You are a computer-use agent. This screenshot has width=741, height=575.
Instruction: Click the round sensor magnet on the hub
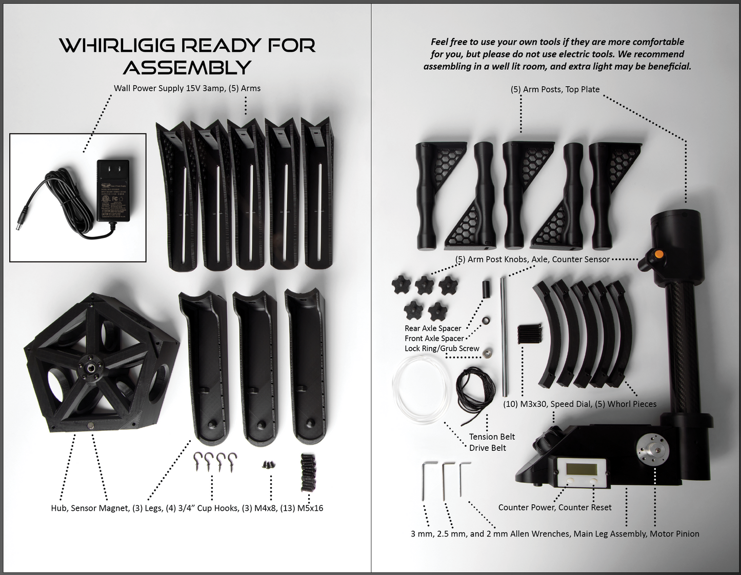click(x=92, y=425)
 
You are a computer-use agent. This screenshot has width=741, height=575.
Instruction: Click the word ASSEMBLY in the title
click(x=187, y=67)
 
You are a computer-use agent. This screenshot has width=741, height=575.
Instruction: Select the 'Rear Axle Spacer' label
click(x=433, y=328)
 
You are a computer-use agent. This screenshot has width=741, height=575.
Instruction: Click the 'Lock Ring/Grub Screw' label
click(x=442, y=348)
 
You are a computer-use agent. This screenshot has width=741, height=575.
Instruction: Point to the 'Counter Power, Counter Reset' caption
click(x=555, y=507)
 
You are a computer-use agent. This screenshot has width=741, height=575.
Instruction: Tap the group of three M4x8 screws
click(x=269, y=465)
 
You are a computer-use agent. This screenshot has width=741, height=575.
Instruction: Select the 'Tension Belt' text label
click(x=492, y=437)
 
